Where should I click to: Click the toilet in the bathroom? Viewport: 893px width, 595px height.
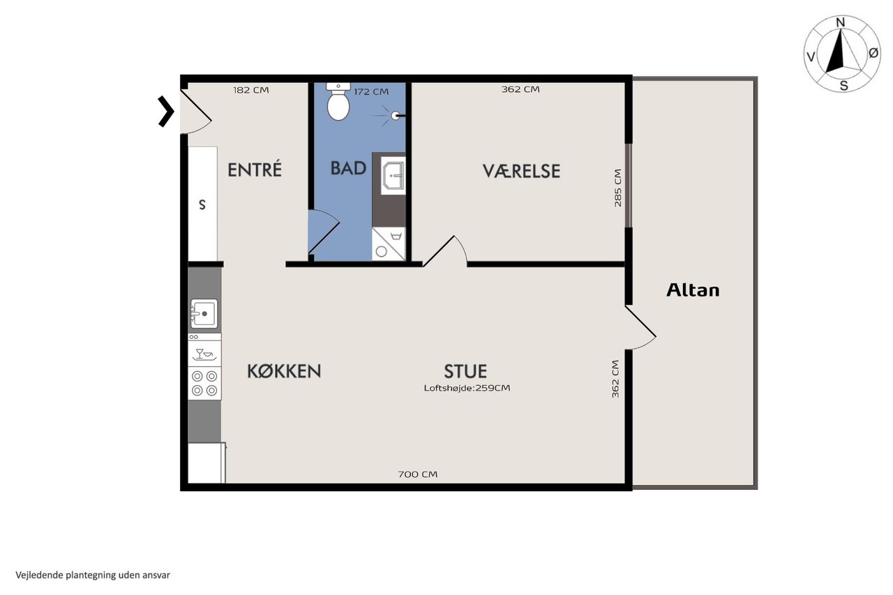click(x=338, y=102)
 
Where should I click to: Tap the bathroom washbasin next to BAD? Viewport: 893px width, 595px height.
click(x=393, y=175)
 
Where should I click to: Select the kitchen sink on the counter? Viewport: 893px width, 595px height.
click(x=204, y=314)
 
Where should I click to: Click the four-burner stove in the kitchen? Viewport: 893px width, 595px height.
click(x=204, y=383)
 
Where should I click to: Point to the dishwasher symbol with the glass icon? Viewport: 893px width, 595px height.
click(x=204, y=354)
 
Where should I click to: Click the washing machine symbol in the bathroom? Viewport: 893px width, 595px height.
click(x=389, y=244)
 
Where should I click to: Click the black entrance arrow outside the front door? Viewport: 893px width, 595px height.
click(x=166, y=112)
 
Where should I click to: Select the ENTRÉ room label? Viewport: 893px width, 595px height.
click(x=255, y=170)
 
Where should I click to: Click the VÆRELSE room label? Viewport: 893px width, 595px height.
click(x=521, y=171)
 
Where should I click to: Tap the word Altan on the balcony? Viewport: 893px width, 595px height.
click(x=693, y=290)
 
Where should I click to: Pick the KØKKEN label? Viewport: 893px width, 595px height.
click(x=284, y=371)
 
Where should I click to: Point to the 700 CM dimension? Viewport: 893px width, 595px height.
click(x=417, y=474)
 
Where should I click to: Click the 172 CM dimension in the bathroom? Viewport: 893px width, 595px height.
click(x=371, y=91)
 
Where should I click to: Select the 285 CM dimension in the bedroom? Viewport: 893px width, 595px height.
click(x=617, y=188)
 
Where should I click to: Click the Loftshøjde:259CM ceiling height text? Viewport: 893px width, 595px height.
click(x=467, y=388)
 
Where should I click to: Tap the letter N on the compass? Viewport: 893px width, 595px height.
click(x=841, y=23)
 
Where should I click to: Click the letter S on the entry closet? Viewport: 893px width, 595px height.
click(x=202, y=205)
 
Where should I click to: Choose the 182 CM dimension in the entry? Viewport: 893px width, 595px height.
click(x=250, y=90)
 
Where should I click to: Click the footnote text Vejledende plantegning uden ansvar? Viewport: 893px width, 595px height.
click(x=93, y=575)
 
